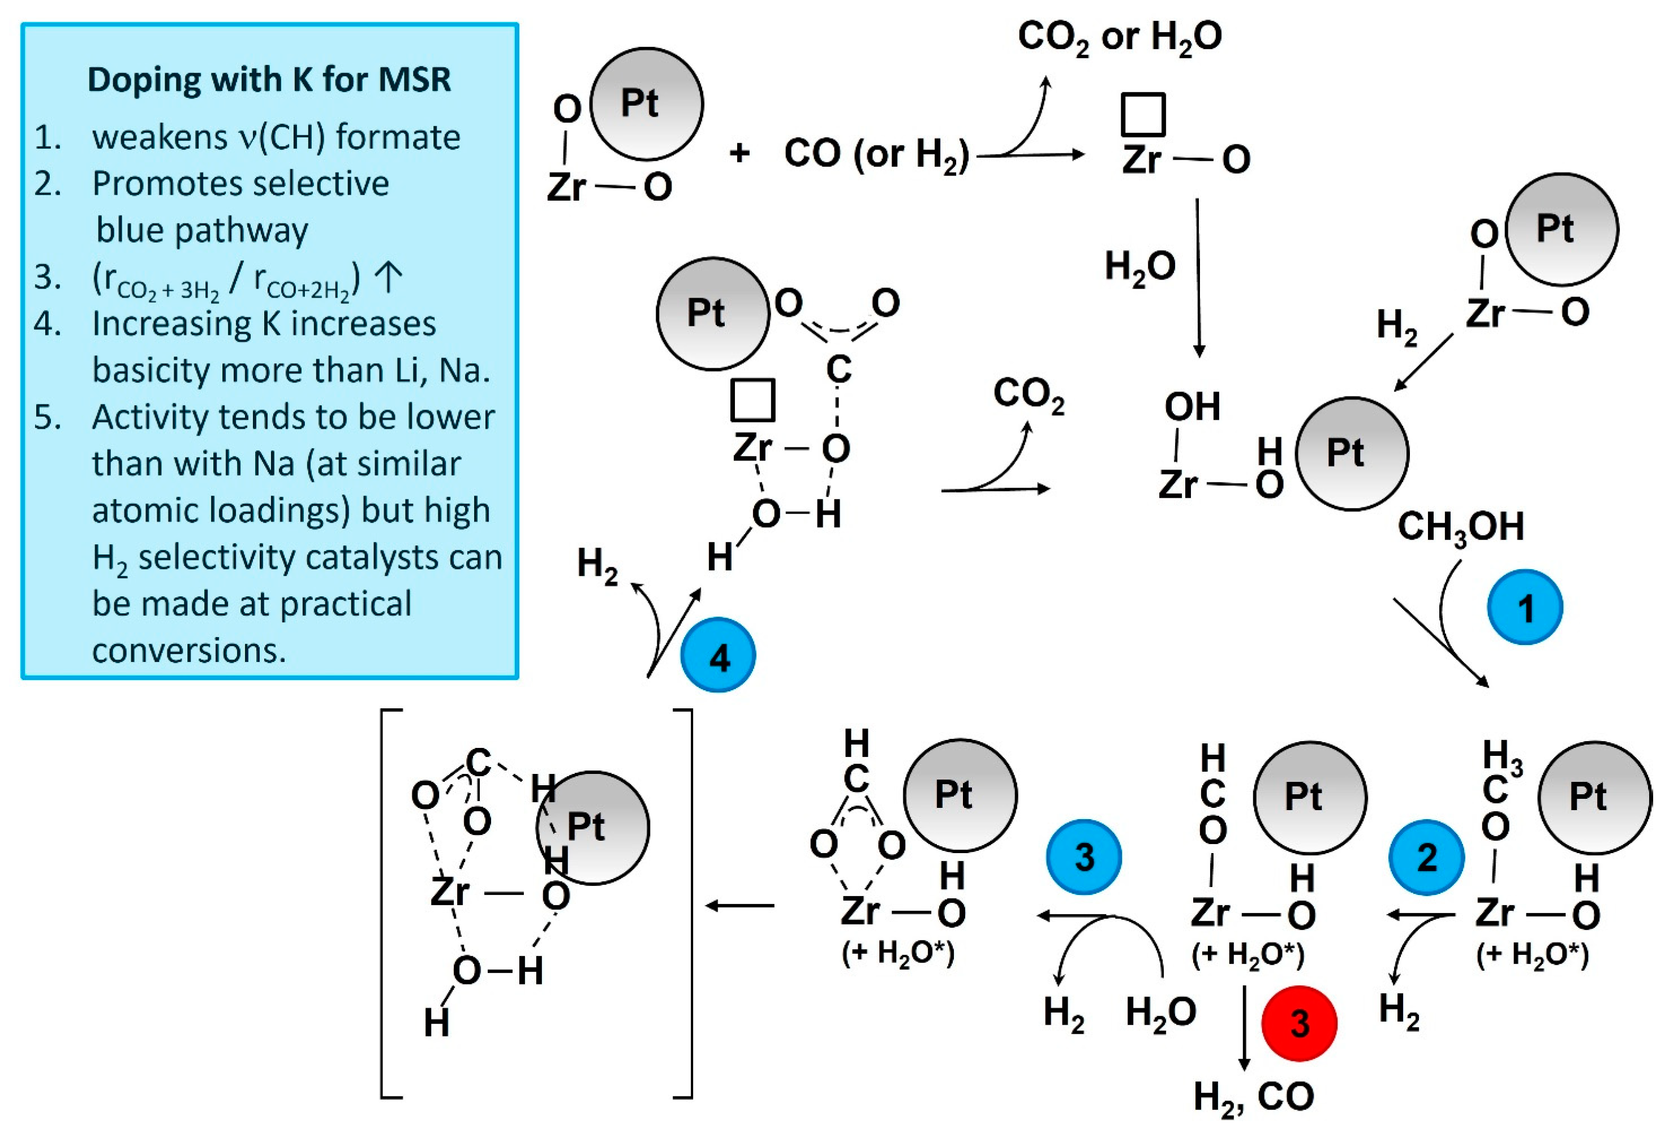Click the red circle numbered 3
tap(1299, 1023)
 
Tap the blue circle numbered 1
tap(1524, 608)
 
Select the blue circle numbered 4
tap(717, 656)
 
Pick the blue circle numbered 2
tap(1426, 858)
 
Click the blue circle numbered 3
tap(1083, 858)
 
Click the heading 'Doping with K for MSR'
tap(269, 79)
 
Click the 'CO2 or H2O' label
tap(1120, 37)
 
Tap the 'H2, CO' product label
tap(1253, 1096)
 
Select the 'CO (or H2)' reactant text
tap(876, 154)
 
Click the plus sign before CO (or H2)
tap(739, 153)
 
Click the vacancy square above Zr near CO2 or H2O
tap(1143, 115)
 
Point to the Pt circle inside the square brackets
tap(593, 827)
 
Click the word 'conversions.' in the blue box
tap(190, 651)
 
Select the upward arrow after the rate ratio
tap(389, 278)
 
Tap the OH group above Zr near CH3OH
tap(1192, 407)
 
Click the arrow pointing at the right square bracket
tap(739, 906)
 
